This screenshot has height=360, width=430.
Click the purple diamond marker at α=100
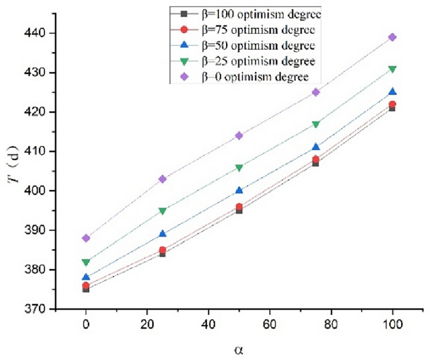392,37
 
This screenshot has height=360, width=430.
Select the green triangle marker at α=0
86,262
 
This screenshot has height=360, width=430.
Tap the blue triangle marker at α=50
239,190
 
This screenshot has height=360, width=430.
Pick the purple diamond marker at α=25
163,179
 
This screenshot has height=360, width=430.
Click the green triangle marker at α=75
316,124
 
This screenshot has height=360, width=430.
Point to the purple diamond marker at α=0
86,238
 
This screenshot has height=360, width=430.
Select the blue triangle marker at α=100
392,92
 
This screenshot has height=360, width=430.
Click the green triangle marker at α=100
392,69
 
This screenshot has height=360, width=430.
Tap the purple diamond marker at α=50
239,135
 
